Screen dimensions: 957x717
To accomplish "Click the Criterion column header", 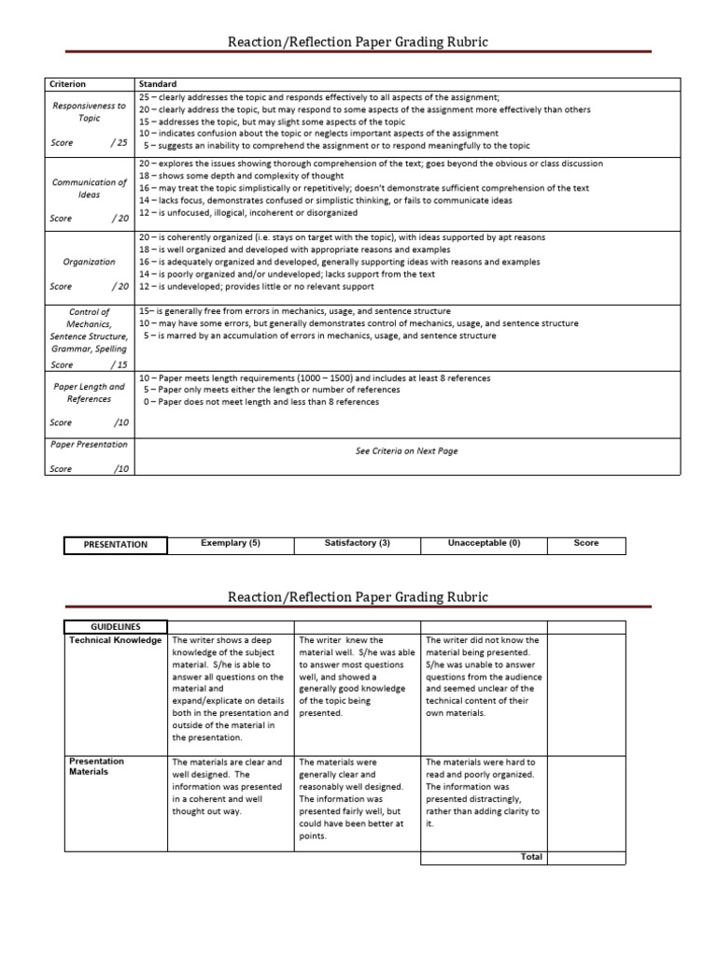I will (x=67, y=84).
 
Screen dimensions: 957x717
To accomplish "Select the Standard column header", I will (x=157, y=84).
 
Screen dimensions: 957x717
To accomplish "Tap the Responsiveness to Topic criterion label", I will (x=89, y=112).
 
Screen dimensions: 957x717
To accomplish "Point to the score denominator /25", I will (x=117, y=143).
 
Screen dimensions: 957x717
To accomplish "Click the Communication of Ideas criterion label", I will (x=89, y=188).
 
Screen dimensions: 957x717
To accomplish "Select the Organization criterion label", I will (x=89, y=262).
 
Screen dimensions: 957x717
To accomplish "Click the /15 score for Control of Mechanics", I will (x=118, y=364).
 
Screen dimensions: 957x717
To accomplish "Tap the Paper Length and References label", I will (x=89, y=393).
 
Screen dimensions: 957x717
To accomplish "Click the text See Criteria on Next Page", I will (x=406, y=450).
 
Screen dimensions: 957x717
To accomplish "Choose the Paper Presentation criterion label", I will (x=89, y=445).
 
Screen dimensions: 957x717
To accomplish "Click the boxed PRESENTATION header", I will (x=116, y=544).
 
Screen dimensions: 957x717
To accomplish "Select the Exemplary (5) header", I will (x=231, y=543).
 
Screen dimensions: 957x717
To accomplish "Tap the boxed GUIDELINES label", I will (x=116, y=627).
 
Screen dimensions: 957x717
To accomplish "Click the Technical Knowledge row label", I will (x=115, y=641).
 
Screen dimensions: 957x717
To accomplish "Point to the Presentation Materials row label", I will (x=96, y=766).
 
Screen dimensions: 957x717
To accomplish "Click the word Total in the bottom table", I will (x=531, y=857).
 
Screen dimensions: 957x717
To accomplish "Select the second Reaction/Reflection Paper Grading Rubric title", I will (x=358, y=596).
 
